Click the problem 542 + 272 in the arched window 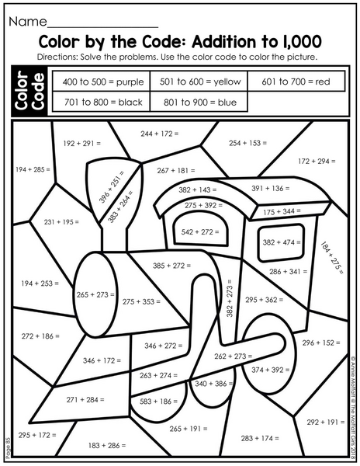point(200,231)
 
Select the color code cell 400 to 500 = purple point(102,81)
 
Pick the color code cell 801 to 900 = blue point(199,102)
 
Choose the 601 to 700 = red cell point(296,81)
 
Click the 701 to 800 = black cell point(102,102)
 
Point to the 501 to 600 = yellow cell point(199,81)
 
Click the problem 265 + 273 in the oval point(95,295)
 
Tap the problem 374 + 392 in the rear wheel point(270,370)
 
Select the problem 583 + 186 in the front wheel point(158,402)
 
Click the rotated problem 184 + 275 point(332,257)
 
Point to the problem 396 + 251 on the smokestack point(111,186)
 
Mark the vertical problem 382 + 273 point(230,298)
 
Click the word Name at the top point(28,22)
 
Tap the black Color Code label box point(29,91)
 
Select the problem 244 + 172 point(160,134)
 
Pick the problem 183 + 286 point(107,445)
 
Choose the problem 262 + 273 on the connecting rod point(234,356)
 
